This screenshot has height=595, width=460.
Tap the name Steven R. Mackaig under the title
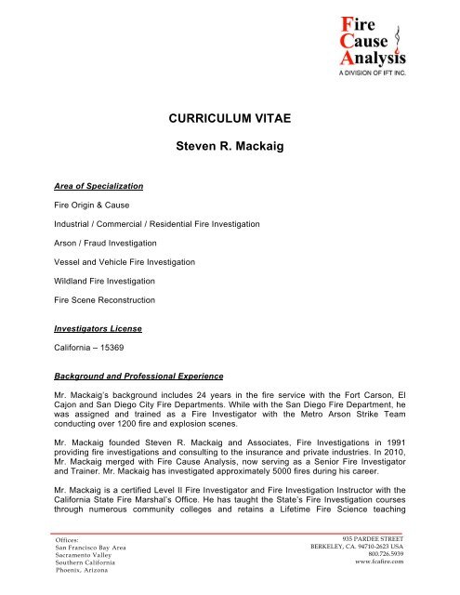[x=230, y=147]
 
